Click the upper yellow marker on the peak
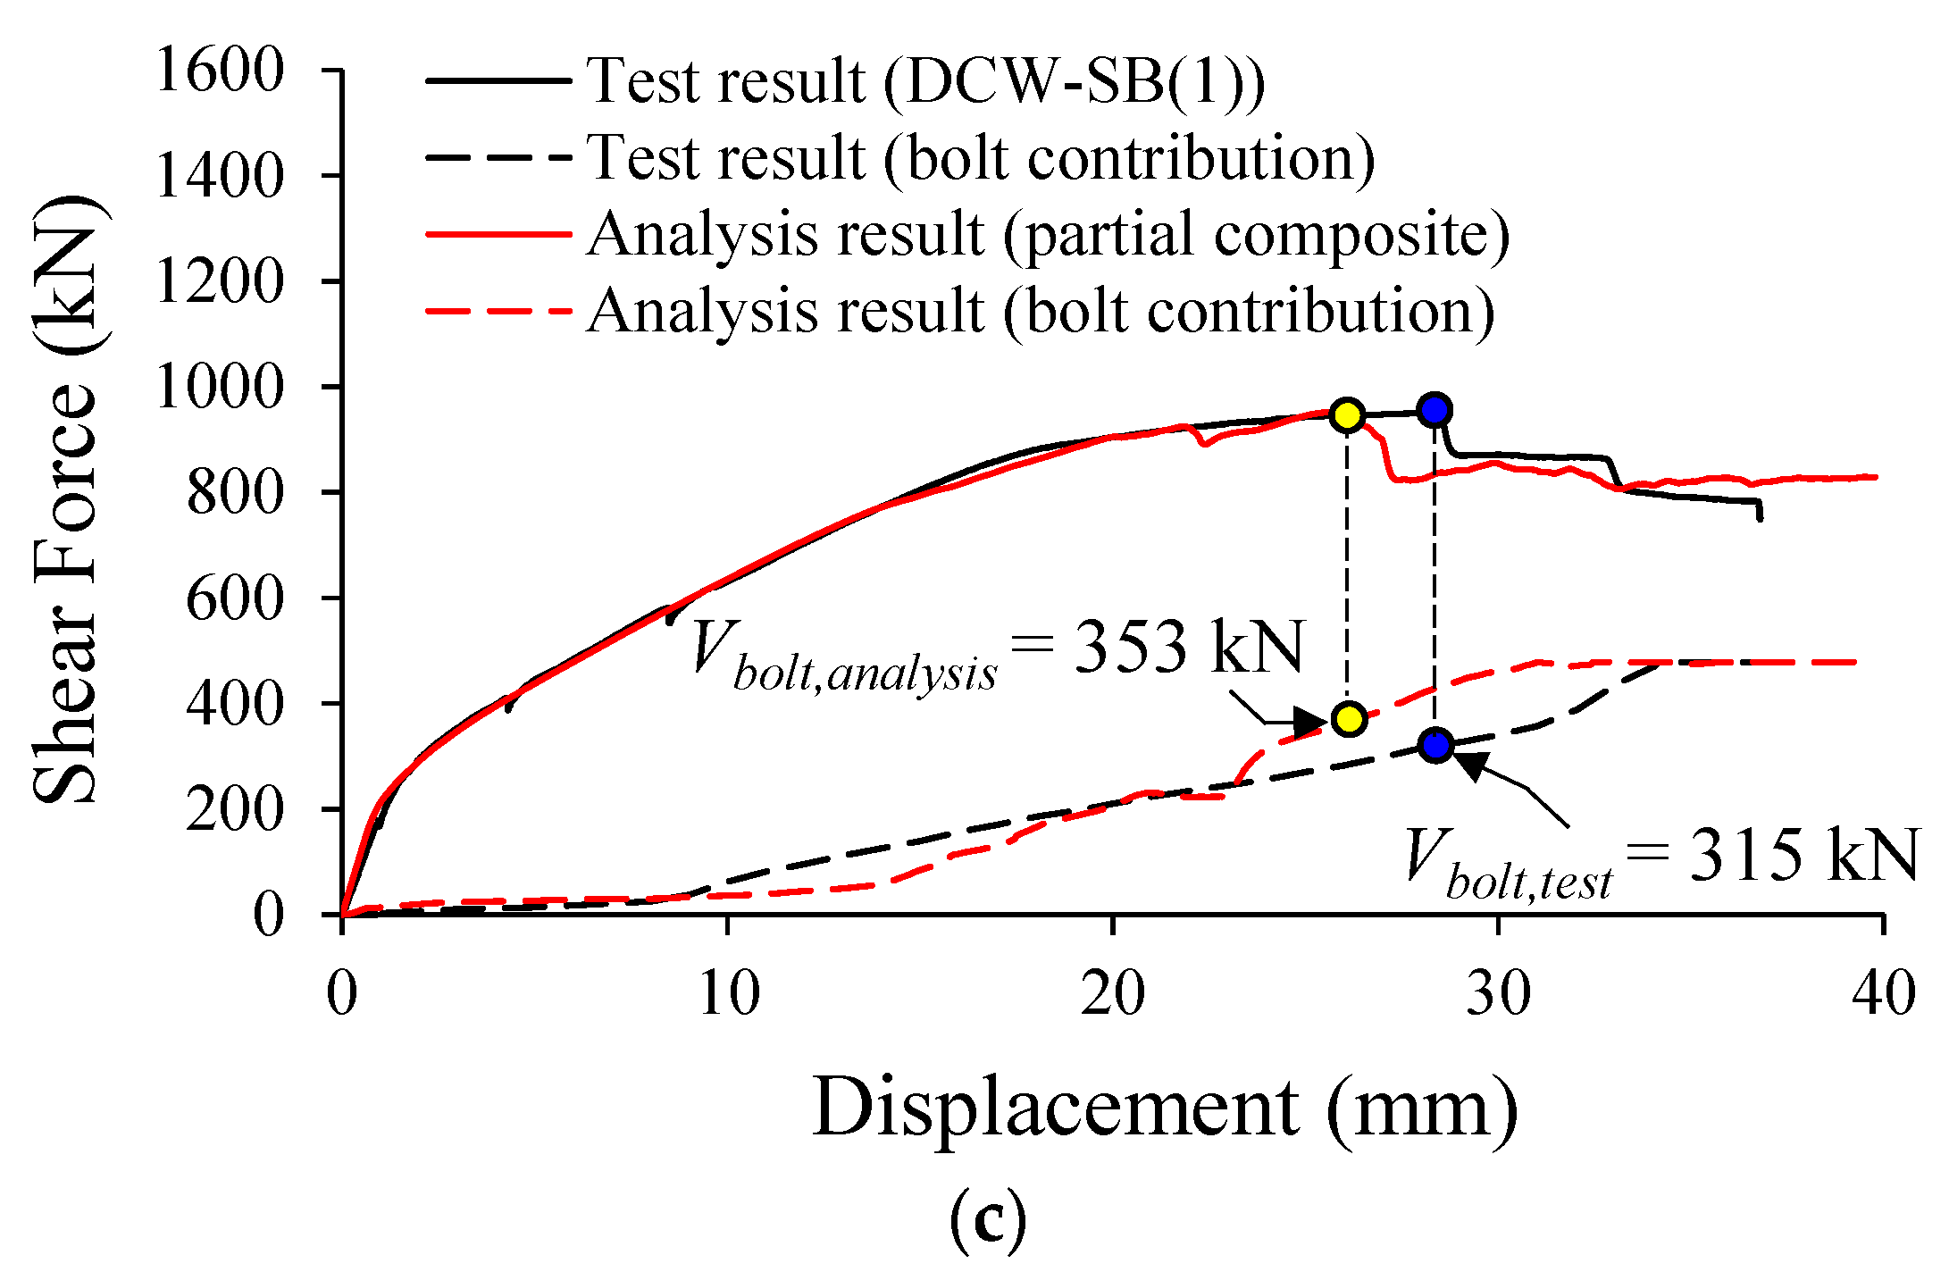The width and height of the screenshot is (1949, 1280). point(1346,415)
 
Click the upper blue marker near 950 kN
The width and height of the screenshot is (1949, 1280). point(1435,410)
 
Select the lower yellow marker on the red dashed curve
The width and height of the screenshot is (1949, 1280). point(1349,718)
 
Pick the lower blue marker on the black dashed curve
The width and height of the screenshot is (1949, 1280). point(1435,744)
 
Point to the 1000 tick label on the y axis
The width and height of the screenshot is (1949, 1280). point(220,387)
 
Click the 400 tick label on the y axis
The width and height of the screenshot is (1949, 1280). point(235,704)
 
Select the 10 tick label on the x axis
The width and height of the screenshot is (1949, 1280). point(728,993)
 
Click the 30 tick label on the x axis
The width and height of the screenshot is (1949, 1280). point(1498,993)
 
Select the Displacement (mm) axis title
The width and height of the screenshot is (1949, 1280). point(1165,1108)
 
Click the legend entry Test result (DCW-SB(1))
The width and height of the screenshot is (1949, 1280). point(925,80)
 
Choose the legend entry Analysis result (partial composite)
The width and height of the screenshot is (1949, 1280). point(1048,235)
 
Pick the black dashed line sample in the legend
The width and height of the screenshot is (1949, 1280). point(498,157)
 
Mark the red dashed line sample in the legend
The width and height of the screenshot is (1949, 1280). point(498,312)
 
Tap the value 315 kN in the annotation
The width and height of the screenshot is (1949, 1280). point(1803,855)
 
